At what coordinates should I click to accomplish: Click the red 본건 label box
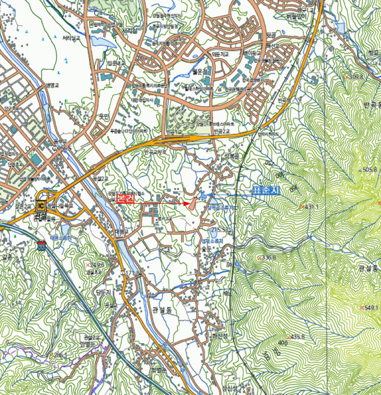(x=125, y=199)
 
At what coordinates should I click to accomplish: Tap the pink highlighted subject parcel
(x=193, y=204)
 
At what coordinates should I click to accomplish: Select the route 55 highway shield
(x=41, y=246)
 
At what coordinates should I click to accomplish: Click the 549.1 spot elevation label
(x=370, y=308)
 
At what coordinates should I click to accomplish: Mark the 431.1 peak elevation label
(x=311, y=207)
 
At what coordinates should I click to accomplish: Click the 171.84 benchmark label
(x=131, y=274)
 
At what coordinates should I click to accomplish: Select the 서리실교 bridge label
(x=74, y=38)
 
